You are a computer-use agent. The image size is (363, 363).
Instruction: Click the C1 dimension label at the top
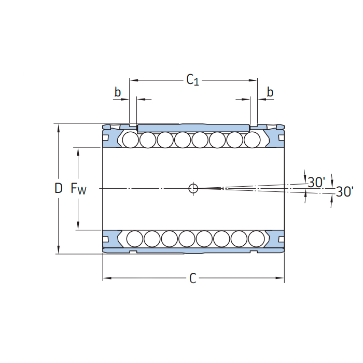[x=192, y=80]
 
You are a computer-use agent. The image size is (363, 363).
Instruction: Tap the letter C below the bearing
[x=193, y=279]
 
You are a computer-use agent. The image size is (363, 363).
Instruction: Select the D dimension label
[x=59, y=188]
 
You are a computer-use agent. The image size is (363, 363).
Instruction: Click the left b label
[x=118, y=92]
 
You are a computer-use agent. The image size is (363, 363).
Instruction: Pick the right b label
[x=270, y=92]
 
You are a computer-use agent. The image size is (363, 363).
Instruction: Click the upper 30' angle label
[x=316, y=182]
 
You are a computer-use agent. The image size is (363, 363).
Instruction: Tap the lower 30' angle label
[x=344, y=192]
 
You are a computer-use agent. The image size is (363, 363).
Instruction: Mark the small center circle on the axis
[x=193, y=188]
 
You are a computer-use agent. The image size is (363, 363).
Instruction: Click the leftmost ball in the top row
[x=130, y=139]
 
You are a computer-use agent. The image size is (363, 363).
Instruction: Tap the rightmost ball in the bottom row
[x=256, y=238]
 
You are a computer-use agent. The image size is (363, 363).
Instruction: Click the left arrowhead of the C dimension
[x=106, y=279]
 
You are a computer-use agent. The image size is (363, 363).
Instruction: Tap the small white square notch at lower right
[x=281, y=239]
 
